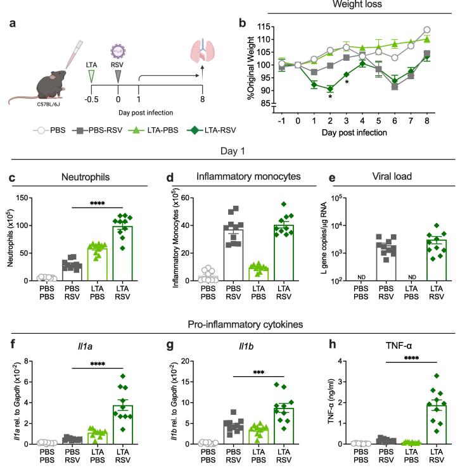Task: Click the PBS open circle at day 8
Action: (x=445, y=30)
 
